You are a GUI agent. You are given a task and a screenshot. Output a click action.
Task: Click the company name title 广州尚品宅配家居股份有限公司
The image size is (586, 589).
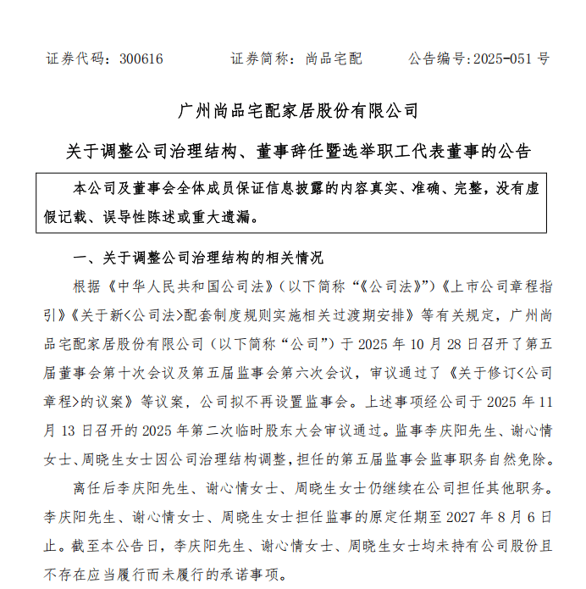click(300, 110)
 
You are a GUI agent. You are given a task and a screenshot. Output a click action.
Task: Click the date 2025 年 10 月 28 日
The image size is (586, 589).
click(417, 343)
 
